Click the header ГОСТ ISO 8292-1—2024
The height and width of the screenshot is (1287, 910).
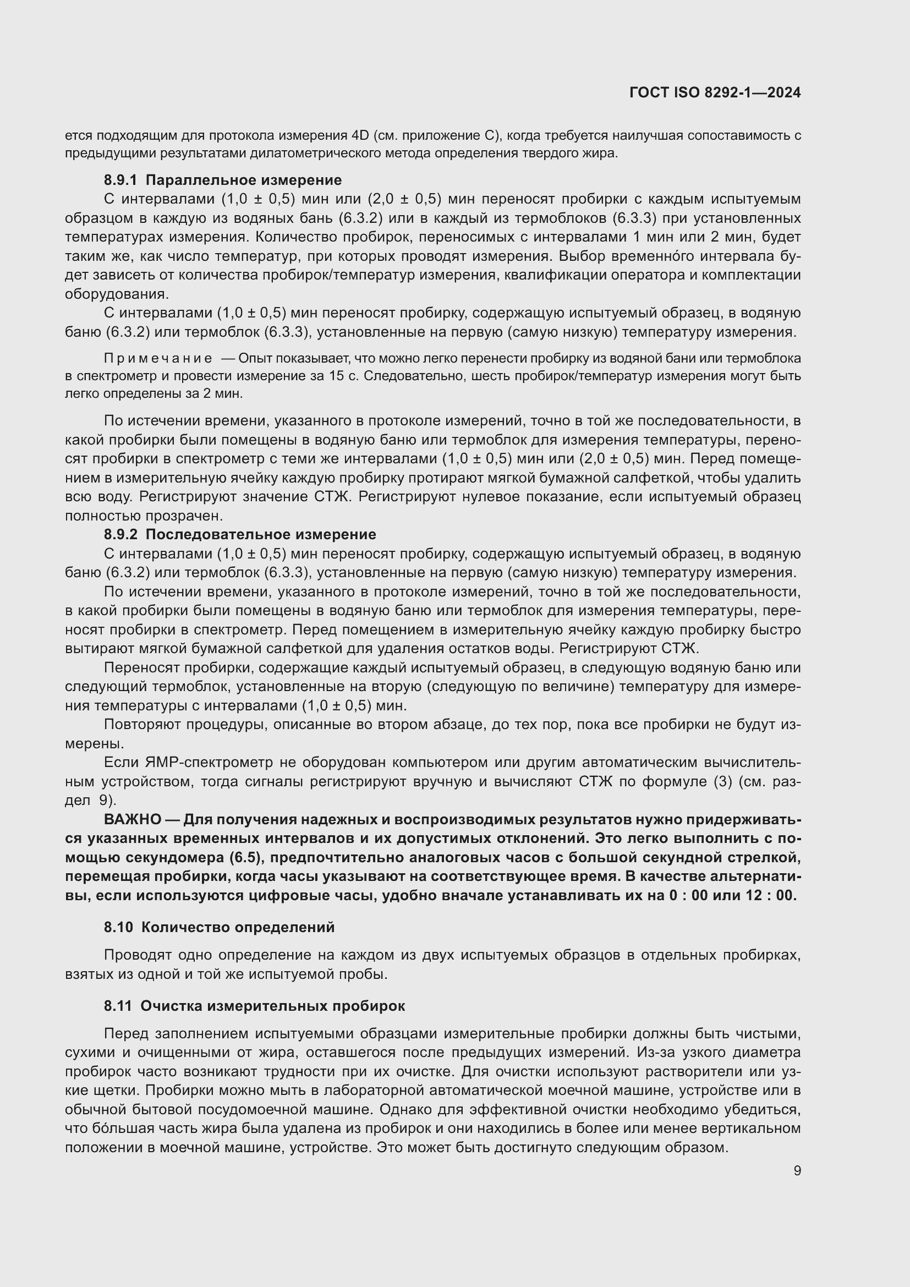(x=715, y=92)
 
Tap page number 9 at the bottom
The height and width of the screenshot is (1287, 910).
(x=797, y=1170)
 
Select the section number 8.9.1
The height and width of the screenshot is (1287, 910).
(x=120, y=180)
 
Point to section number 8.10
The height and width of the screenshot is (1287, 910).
(x=118, y=927)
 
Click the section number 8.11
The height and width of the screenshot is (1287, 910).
(x=118, y=1006)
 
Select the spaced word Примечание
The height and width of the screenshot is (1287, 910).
(x=158, y=358)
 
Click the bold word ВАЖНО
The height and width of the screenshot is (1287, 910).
(x=133, y=819)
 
